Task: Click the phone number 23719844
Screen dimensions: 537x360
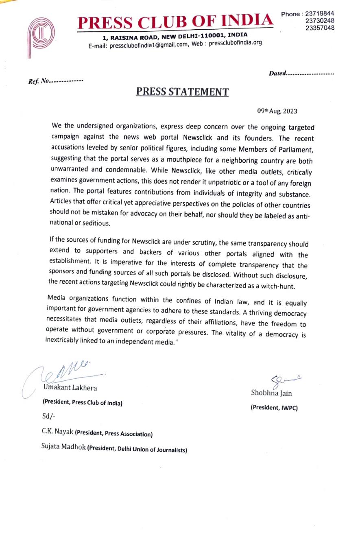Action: click(320, 14)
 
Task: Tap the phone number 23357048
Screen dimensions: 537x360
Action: click(320, 28)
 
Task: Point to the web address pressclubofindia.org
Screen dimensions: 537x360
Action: click(235, 43)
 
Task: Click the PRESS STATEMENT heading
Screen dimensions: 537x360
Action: click(182, 92)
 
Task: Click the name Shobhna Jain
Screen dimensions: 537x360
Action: click(271, 393)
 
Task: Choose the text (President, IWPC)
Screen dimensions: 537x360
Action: click(274, 407)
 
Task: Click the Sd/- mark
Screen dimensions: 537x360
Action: click(48, 416)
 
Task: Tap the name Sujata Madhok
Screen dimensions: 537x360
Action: click(63, 446)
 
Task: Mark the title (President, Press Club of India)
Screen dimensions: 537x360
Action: click(83, 403)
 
